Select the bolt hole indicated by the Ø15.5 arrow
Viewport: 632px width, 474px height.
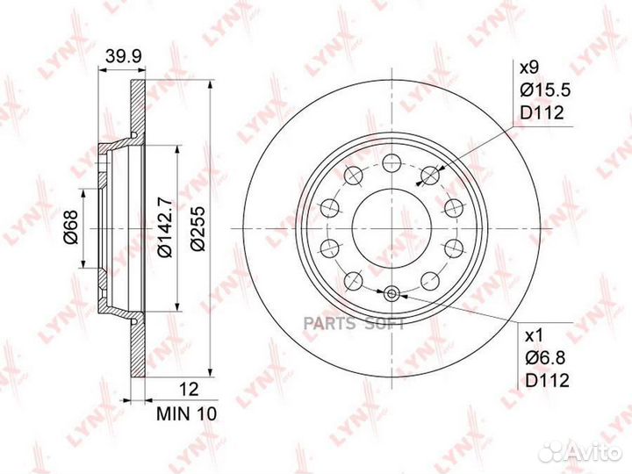tap(430, 176)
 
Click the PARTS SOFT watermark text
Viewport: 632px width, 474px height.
tap(353, 325)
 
